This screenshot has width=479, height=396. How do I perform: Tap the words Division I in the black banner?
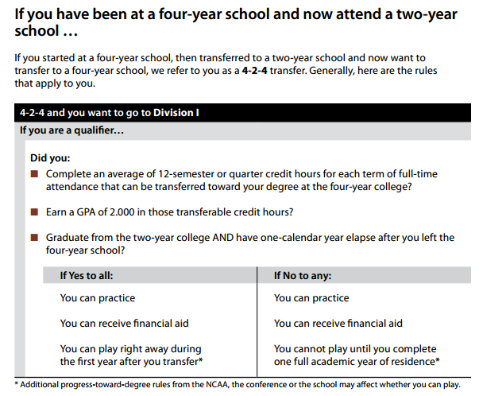click(176, 113)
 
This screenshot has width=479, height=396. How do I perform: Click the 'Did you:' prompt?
click(49, 157)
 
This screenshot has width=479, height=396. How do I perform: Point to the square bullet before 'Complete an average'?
click(34, 174)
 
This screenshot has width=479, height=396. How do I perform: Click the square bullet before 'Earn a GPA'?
click(34, 212)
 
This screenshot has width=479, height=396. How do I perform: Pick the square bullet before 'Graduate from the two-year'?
click(34, 238)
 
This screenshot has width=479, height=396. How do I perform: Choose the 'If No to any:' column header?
click(303, 276)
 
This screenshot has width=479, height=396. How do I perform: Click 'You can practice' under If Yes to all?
click(98, 298)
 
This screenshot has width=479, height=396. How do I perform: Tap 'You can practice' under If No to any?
click(311, 298)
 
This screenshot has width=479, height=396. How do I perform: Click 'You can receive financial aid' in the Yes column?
click(125, 324)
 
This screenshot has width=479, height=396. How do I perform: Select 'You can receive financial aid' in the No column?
click(338, 324)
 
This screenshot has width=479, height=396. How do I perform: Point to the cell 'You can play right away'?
click(131, 355)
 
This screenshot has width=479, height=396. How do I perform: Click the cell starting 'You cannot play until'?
click(355, 355)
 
